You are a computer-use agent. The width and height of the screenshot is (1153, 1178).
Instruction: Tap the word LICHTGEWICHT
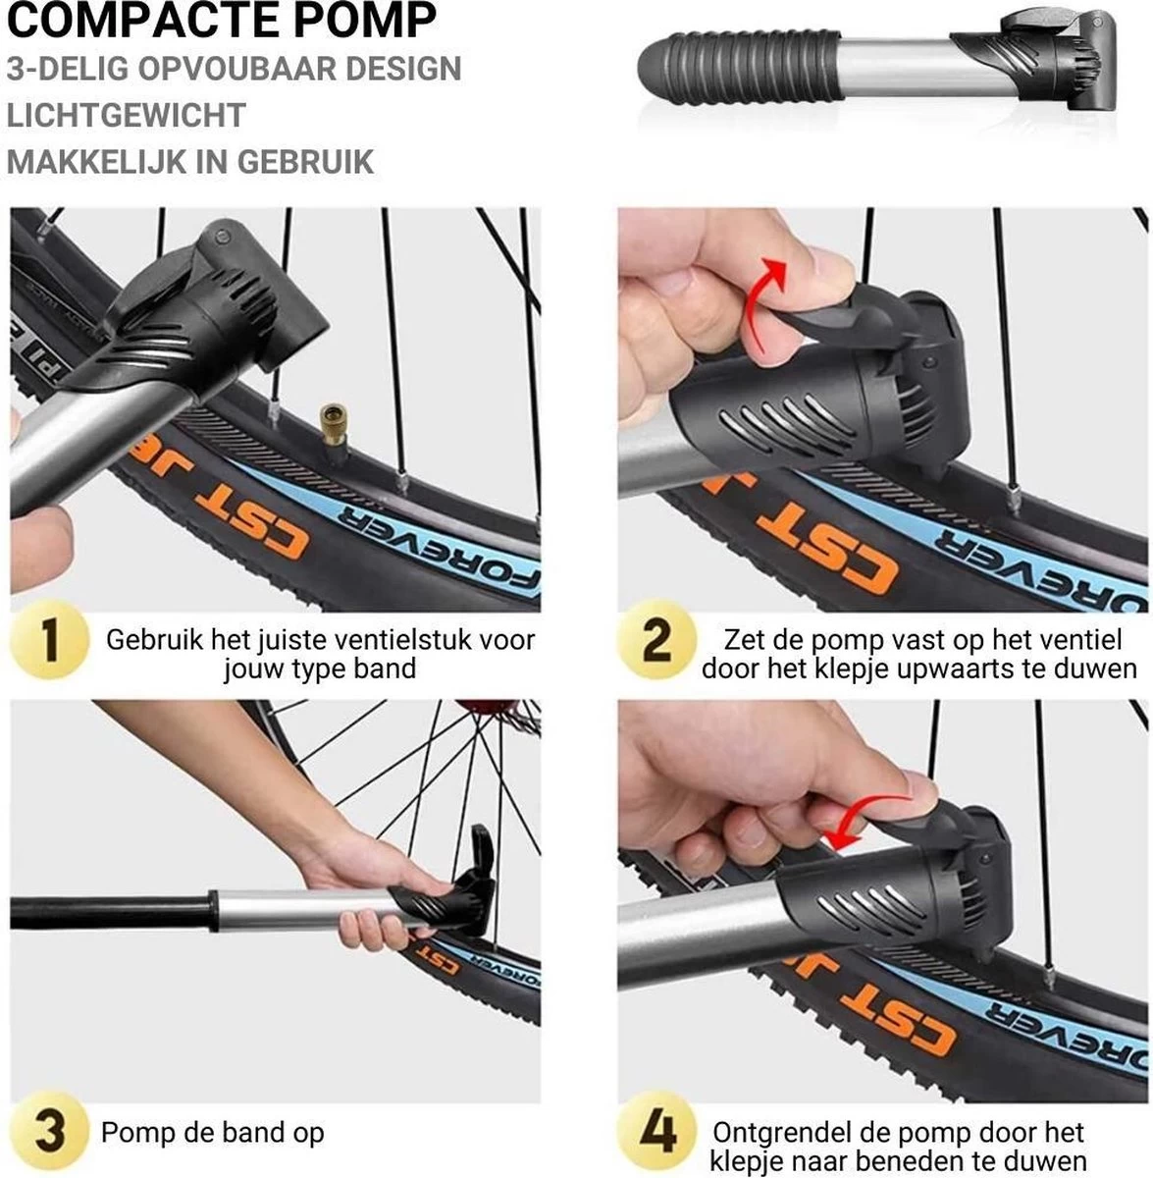pos(126,115)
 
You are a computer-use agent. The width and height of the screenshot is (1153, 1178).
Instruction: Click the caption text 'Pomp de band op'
pos(212,1132)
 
